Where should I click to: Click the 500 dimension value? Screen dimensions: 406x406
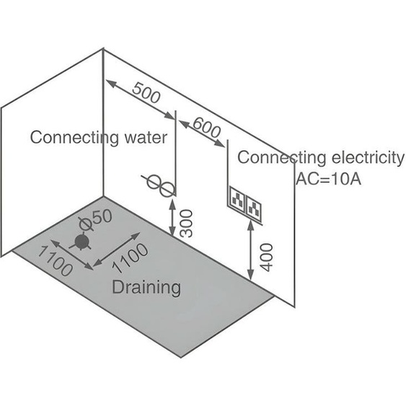[146, 93]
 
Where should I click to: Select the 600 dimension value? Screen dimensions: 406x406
[207, 127]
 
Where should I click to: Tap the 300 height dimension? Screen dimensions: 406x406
[186, 224]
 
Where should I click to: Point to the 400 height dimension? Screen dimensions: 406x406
[266, 257]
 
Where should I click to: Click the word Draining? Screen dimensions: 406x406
[146, 288]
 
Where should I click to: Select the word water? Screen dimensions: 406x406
[146, 138]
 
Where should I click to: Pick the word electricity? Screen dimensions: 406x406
[368, 157]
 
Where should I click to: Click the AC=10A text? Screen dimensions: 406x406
[329, 179]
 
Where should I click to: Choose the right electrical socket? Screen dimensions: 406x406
[254, 208]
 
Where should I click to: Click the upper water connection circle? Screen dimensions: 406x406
[154, 181]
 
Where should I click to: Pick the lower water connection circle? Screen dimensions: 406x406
[167, 189]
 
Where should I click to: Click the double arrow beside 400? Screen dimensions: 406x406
[250, 250]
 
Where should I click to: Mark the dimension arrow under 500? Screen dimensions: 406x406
[140, 100]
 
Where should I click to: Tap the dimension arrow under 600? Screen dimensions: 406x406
[202, 133]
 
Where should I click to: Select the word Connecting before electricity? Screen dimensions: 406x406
[282, 158]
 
